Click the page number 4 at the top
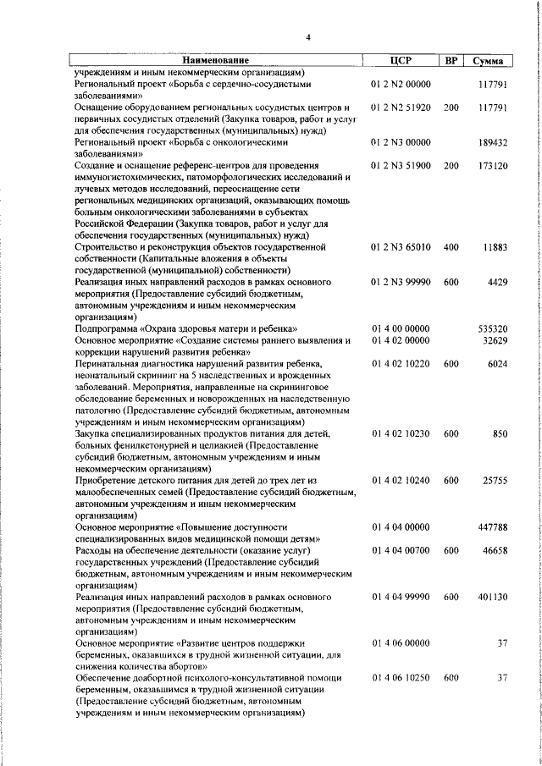click(308, 37)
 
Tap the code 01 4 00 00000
click(401, 328)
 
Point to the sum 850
click(500, 433)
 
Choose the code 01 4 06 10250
click(401, 677)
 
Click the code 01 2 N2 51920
click(401, 108)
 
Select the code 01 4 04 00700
click(401, 549)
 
